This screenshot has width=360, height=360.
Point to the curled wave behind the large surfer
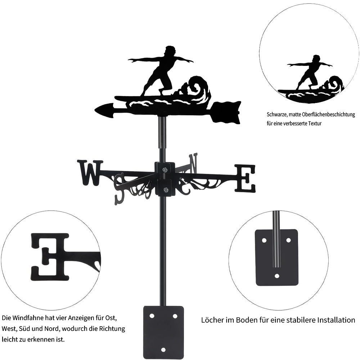pyautogui.click(x=197, y=88)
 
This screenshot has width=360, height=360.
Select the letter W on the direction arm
pyautogui.click(x=89, y=172)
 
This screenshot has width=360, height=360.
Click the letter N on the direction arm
pyautogui.click(x=193, y=163)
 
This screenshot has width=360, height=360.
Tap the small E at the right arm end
pyautogui.click(x=245, y=178)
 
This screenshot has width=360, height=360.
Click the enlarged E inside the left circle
pyautogui.click(x=50, y=256)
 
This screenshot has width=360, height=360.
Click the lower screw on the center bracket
pyautogui.click(x=165, y=190)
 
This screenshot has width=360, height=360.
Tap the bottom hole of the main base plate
pyautogui.click(x=163, y=350)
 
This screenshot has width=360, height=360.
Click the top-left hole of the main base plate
pyautogui.click(x=152, y=316)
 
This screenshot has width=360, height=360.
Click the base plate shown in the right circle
pyautogui.click(x=276, y=257)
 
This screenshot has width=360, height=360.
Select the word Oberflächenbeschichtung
pyautogui.click(x=325, y=115)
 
